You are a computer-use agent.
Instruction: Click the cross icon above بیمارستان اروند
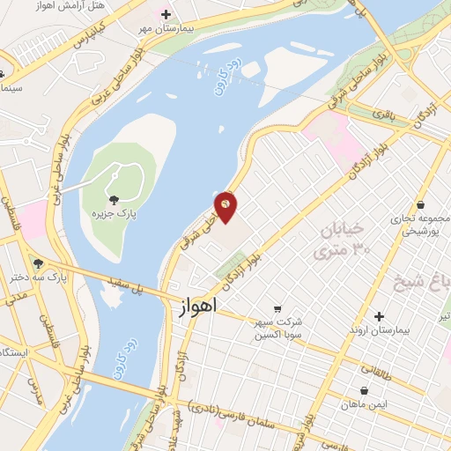(x=379, y=316)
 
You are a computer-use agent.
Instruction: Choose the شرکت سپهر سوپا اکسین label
(x=278, y=329)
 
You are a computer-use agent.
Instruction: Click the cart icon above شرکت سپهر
(x=277, y=309)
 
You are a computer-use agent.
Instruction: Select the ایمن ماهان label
(x=364, y=403)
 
